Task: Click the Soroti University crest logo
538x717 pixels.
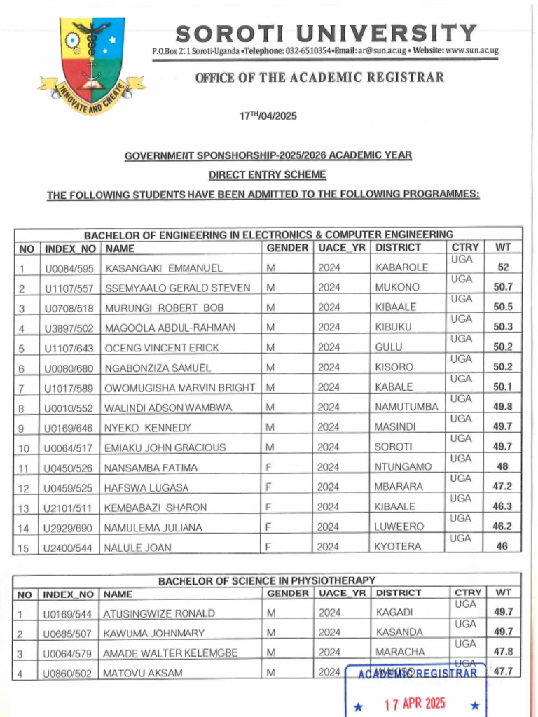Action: coord(92,64)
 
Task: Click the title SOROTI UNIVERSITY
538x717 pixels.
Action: coord(326,33)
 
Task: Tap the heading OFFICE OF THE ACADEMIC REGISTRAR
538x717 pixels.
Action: coord(319,78)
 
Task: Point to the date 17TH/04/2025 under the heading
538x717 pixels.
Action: coord(268,116)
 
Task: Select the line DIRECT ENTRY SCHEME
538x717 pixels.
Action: coord(267,174)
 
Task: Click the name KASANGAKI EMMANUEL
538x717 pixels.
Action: coord(164,267)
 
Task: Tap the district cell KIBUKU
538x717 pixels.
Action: coord(394,327)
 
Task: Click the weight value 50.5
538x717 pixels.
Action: coord(502,307)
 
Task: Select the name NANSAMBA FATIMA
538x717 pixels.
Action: coord(151,468)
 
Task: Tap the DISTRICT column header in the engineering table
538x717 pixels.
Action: coord(398,248)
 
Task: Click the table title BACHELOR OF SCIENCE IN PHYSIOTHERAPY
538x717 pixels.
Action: coord(266,580)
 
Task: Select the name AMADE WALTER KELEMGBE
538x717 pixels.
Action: coord(170,653)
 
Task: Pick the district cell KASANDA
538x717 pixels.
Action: coord(399,632)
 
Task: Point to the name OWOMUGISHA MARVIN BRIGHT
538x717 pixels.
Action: coord(180,387)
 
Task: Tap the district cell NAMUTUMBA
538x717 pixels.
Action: coord(406,407)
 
